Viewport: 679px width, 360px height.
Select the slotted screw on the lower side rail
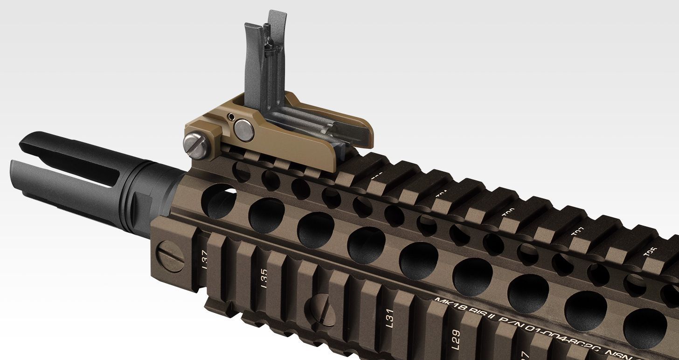click(320, 311)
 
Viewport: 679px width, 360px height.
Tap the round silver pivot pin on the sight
click(244, 130)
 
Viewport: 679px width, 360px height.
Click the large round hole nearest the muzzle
click(219, 201)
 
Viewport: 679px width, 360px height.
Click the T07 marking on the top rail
click(576, 232)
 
